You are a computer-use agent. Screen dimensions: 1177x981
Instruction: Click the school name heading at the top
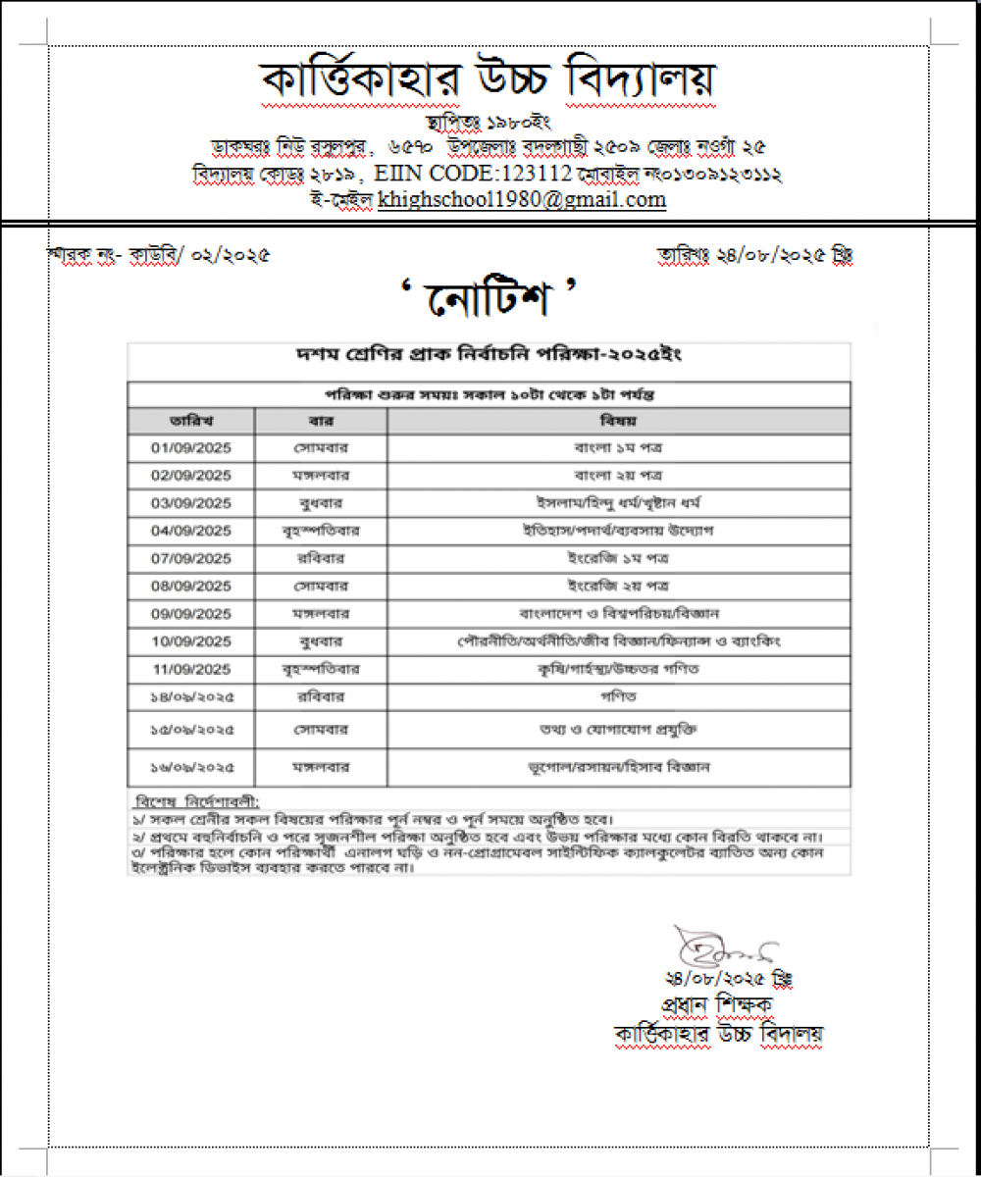(x=488, y=81)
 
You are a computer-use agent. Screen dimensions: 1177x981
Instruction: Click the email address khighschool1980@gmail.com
(x=522, y=200)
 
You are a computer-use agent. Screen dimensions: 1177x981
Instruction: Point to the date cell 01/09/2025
(x=191, y=447)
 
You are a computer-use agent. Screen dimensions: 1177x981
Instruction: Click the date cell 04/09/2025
(x=191, y=531)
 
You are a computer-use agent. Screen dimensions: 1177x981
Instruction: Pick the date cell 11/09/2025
(x=191, y=669)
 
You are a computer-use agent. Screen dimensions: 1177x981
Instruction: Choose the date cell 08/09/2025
(x=191, y=586)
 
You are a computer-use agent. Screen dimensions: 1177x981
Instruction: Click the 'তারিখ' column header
(x=191, y=421)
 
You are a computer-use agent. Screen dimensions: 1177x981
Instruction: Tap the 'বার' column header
(x=321, y=421)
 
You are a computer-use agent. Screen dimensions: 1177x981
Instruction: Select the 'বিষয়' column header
(x=619, y=421)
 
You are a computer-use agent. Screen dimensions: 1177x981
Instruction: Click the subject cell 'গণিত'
(x=619, y=696)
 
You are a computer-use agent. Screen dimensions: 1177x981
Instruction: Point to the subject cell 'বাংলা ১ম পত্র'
(x=619, y=447)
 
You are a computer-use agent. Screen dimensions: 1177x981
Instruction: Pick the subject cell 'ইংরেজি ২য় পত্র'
(x=619, y=586)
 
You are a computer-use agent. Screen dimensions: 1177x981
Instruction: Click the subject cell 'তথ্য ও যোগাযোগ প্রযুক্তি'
(x=619, y=730)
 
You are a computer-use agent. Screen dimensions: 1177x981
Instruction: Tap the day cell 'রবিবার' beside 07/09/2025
(x=321, y=558)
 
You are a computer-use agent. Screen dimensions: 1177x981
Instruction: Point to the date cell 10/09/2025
(x=191, y=641)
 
